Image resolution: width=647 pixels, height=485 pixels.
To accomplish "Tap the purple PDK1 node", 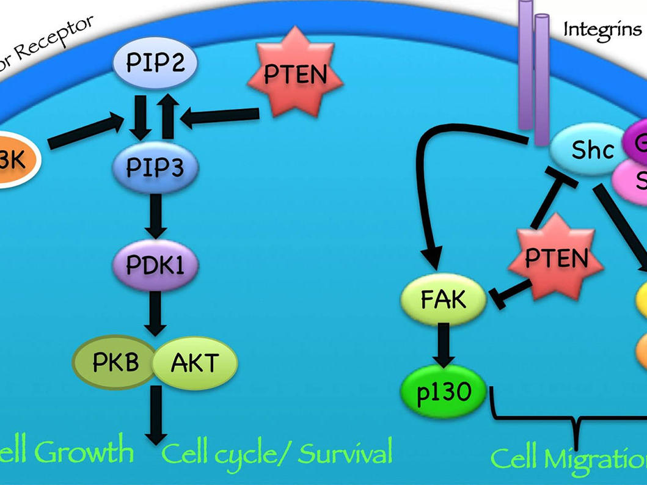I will tap(155, 264).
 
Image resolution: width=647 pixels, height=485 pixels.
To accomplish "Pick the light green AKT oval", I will tap(194, 363).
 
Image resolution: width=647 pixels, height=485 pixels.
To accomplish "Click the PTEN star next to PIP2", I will tap(295, 75).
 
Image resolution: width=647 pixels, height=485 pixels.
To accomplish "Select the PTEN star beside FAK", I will tap(556, 259).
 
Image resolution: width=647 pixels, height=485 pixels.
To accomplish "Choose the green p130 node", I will tap(444, 392).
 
